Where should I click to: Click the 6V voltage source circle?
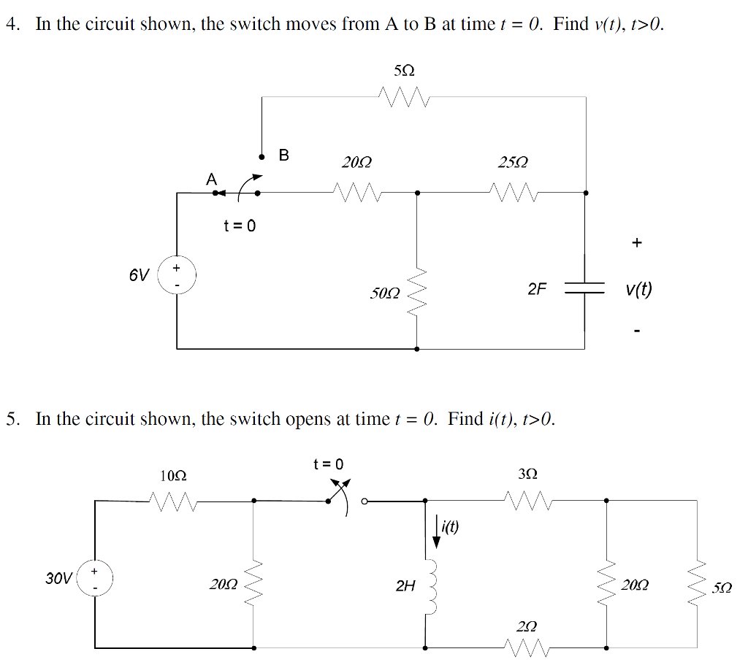coord(176,275)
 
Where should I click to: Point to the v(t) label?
coord(638,290)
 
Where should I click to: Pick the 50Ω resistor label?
coord(384,293)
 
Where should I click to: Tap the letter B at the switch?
coord(284,155)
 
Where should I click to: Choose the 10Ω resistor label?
coord(172,475)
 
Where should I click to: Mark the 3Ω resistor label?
coord(527,474)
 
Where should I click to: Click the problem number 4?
coord(11,24)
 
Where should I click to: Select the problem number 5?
coord(11,419)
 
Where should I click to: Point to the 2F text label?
coord(537,289)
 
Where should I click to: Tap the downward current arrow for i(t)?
coord(437,531)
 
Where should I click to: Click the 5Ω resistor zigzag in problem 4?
coord(403,96)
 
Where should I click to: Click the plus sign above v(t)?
coord(637,242)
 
